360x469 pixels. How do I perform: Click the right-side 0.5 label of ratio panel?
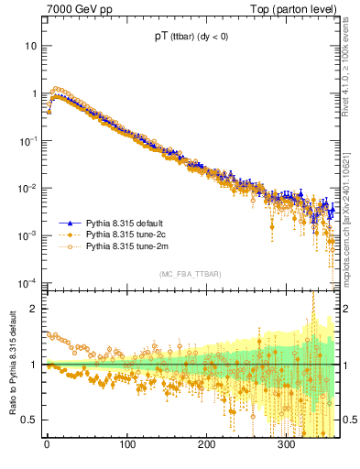click(x=351, y=420)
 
